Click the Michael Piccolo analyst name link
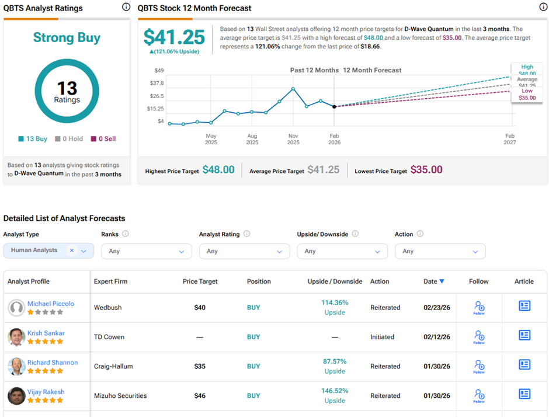tap(50, 304)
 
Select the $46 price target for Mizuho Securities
tap(200, 395)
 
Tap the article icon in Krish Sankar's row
tap(524, 335)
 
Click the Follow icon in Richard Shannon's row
tap(479, 366)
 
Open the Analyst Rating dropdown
tap(244, 251)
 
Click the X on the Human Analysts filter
tap(72, 250)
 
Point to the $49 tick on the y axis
tap(159, 71)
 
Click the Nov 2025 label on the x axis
tap(293, 139)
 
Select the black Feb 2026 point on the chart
tap(334, 106)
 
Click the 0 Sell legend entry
tap(103, 139)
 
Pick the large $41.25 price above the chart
tap(174, 37)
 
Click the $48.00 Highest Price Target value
tap(218, 170)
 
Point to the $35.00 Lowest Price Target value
tap(426, 170)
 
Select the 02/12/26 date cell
tap(437, 337)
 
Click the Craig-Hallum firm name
tap(113, 366)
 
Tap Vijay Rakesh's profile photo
tap(16, 395)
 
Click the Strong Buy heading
tap(67, 38)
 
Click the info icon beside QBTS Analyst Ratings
tap(126, 7)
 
